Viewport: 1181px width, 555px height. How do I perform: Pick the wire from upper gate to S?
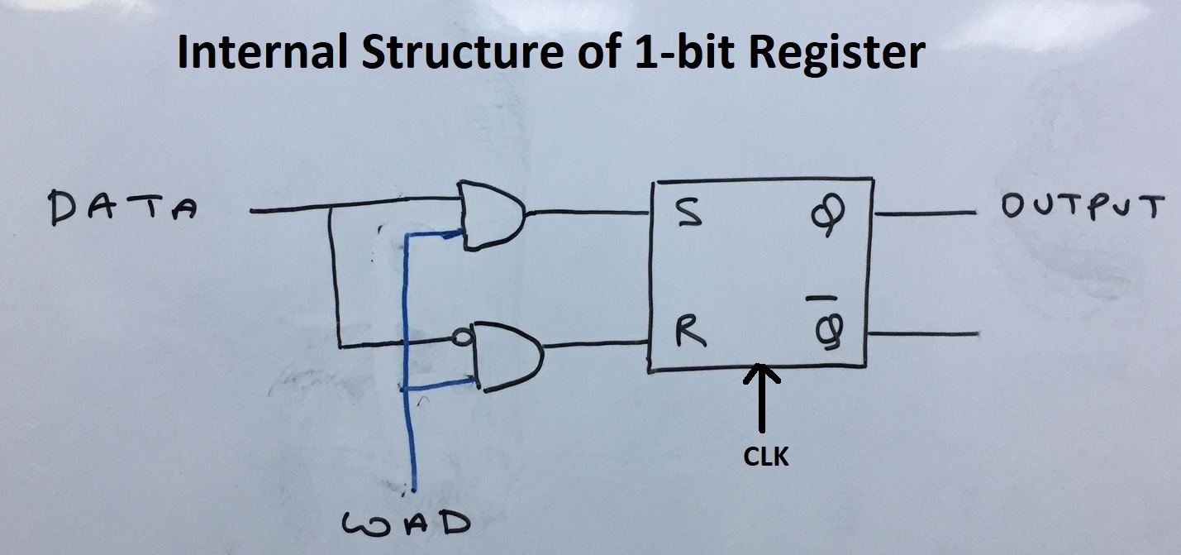588,213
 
